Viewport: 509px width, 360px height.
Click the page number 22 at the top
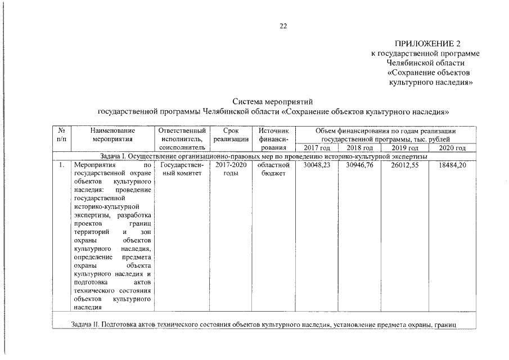coord(283,25)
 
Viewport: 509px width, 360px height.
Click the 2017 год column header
coord(316,148)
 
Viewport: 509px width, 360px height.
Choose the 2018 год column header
coord(359,148)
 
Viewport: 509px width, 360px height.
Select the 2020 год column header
coord(452,148)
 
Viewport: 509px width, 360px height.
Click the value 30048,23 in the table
coord(316,166)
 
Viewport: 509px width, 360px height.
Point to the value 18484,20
coord(452,166)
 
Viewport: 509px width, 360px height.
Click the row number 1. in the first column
coord(61,166)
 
